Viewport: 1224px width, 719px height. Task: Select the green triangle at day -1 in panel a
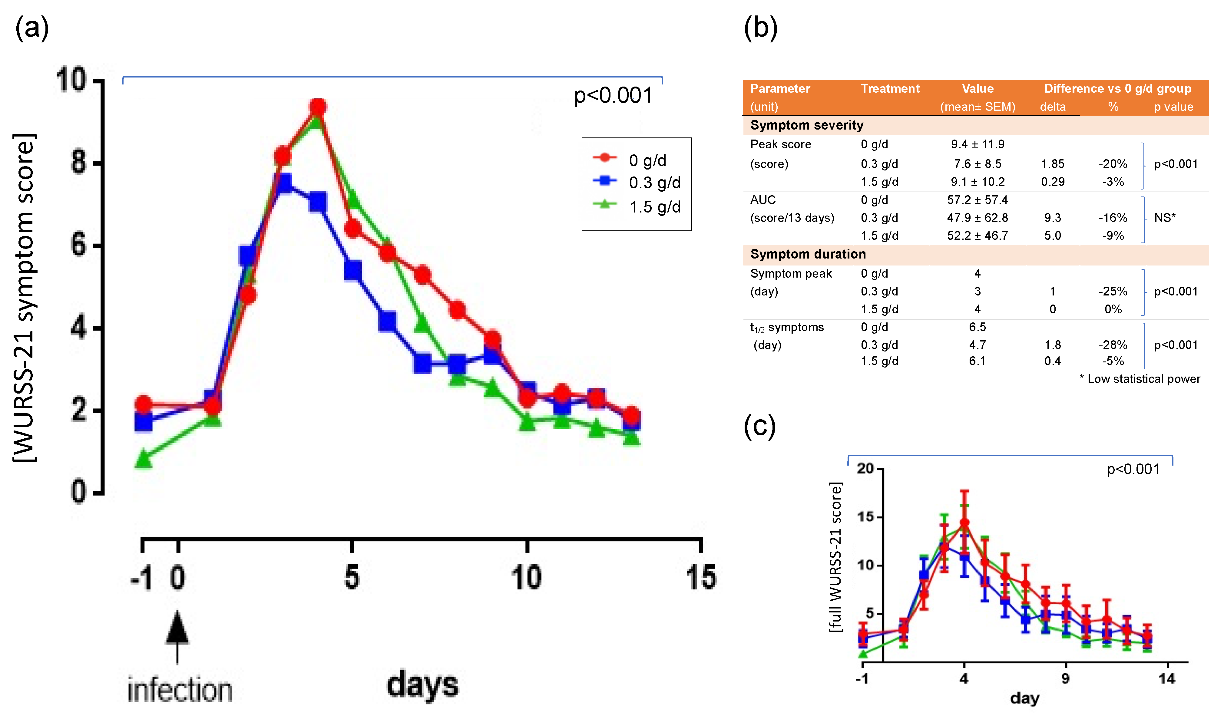click(x=143, y=458)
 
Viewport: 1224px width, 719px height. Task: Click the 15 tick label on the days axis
click(x=700, y=578)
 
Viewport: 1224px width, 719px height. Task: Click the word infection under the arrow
click(x=180, y=690)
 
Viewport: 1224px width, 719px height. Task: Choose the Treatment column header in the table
click(x=890, y=88)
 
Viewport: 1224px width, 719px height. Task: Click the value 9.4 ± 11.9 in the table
click(x=977, y=144)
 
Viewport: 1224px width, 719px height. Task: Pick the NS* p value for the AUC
click(x=1164, y=217)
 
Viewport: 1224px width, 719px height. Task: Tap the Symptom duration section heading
click(x=808, y=254)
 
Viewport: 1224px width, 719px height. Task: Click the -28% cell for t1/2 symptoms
click(x=1112, y=345)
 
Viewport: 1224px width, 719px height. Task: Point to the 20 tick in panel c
click(x=865, y=469)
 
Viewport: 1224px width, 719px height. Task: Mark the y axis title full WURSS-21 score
click(x=835, y=557)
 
